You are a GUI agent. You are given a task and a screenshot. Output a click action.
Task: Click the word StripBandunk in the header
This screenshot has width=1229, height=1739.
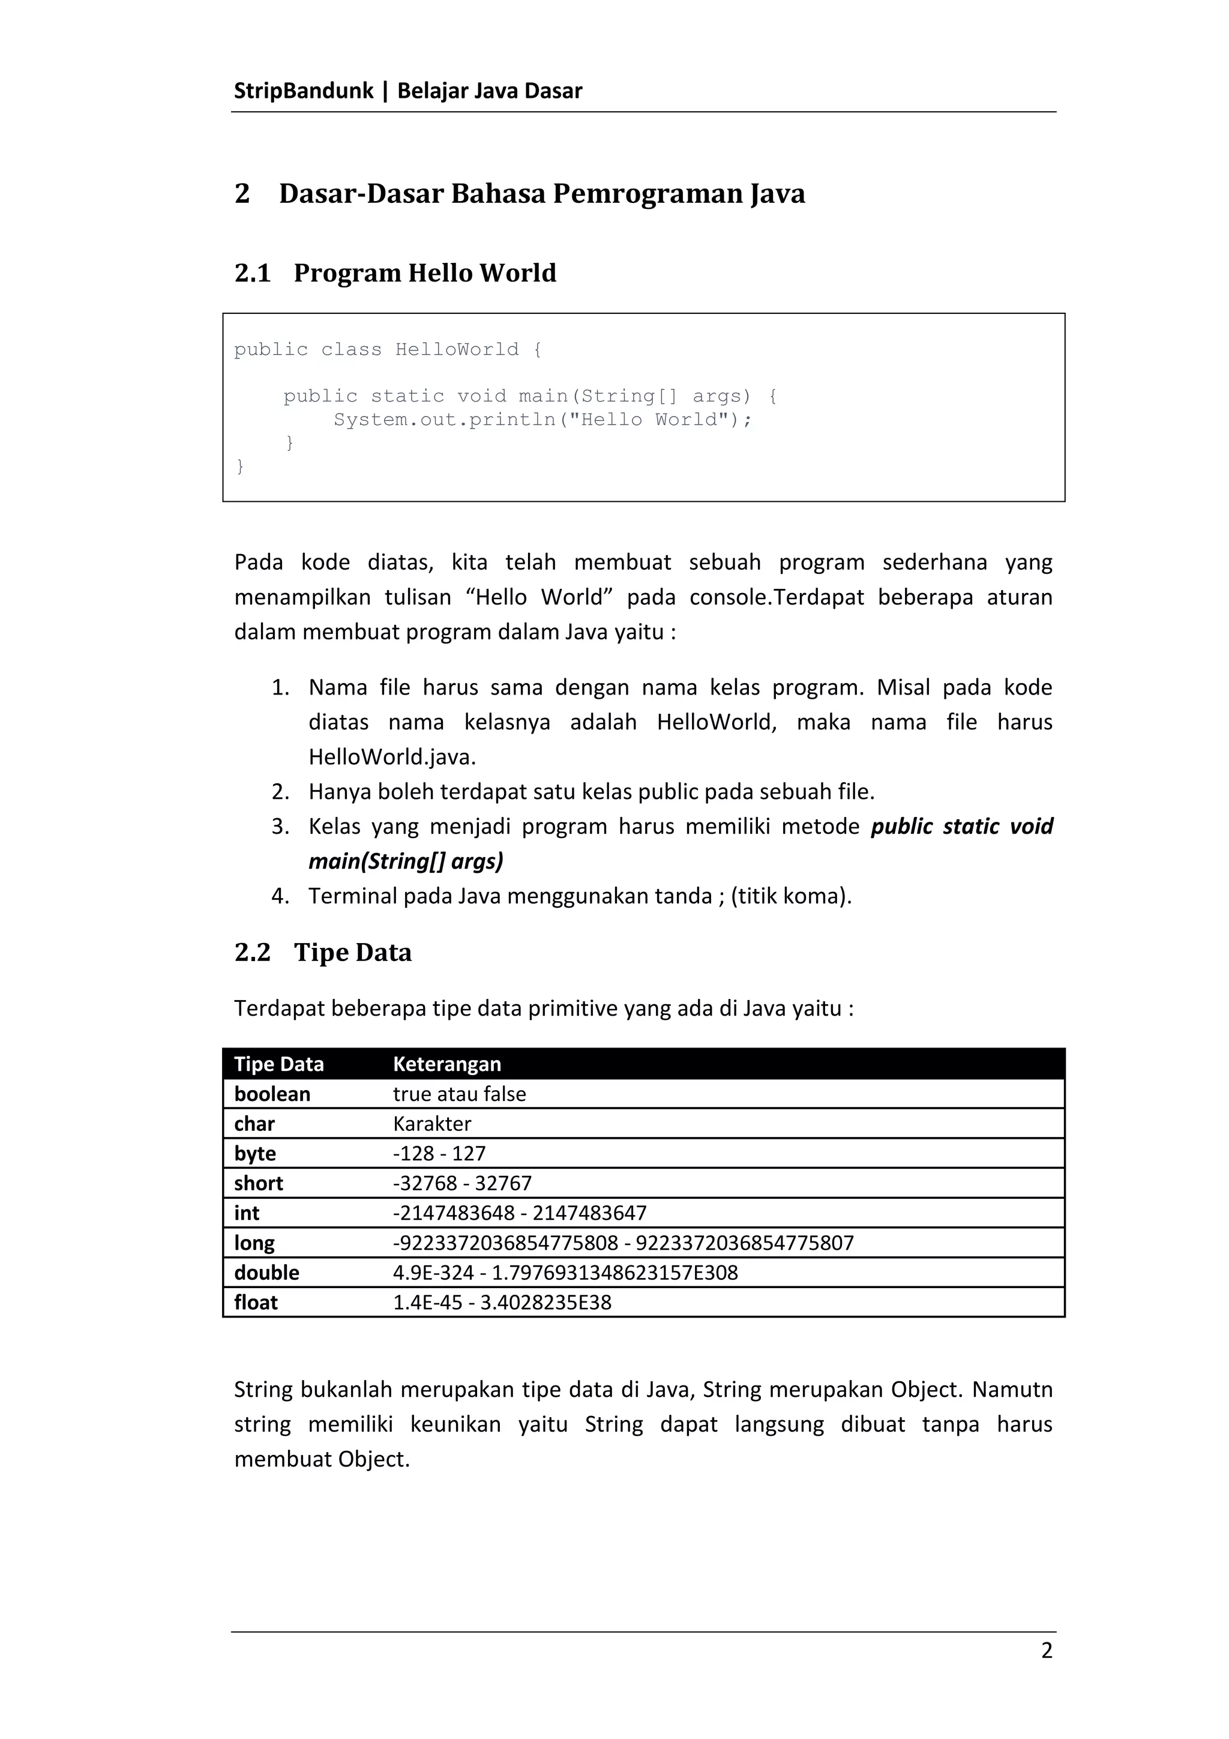pyautogui.click(x=303, y=91)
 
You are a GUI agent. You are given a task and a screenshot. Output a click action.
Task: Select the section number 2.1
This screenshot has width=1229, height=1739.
pyautogui.click(x=252, y=273)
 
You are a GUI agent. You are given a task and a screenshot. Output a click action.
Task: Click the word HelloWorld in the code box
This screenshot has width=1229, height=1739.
pyautogui.click(x=457, y=350)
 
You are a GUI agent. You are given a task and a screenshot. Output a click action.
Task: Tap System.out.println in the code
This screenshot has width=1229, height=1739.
pyautogui.click(x=445, y=420)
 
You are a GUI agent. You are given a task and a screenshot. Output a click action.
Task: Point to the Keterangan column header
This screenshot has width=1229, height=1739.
pyautogui.click(x=446, y=1064)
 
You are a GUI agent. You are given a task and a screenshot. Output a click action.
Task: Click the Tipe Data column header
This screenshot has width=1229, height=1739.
pyautogui.click(x=278, y=1064)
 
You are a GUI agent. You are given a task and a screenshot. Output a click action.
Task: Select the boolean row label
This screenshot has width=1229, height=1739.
pyautogui.click(x=272, y=1094)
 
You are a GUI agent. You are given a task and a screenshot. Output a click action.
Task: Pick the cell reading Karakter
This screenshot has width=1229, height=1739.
pyautogui.click(x=431, y=1124)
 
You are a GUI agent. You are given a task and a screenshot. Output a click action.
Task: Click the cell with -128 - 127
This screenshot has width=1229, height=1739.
pyautogui.click(x=439, y=1154)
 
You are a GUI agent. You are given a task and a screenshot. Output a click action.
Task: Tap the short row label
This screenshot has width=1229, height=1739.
pyautogui.click(x=258, y=1183)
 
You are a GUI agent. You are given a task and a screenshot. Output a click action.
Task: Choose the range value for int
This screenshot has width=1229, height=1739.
pyautogui.click(x=520, y=1213)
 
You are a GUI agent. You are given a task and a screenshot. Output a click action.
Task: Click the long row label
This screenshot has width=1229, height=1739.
pyautogui.click(x=254, y=1243)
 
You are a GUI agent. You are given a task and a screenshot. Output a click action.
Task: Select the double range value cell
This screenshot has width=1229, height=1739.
pyautogui.click(x=565, y=1273)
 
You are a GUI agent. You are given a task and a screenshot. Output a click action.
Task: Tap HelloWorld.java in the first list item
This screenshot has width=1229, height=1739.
pyautogui.click(x=391, y=756)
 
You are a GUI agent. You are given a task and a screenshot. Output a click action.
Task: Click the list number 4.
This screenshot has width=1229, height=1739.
pyautogui.click(x=280, y=896)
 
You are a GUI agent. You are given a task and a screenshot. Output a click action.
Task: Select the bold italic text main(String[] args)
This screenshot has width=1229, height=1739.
pyautogui.click(x=406, y=861)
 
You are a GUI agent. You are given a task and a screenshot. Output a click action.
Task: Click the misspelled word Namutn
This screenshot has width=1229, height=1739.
pyautogui.click(x=1012, y=1390)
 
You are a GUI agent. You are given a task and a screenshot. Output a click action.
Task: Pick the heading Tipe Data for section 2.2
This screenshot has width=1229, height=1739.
pyautogui.click(x=353, y=952)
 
